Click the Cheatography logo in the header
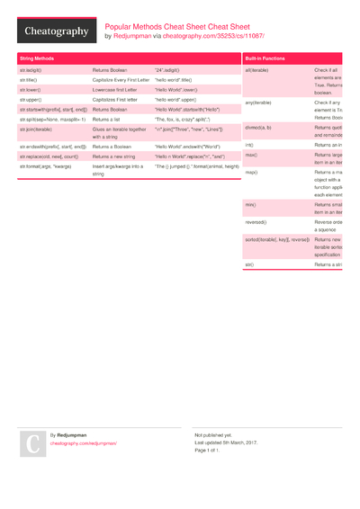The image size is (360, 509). click(56, 31)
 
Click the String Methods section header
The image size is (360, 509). click(36, 58)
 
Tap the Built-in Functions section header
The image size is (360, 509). click(265, 58)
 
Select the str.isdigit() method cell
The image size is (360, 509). click(31, 69)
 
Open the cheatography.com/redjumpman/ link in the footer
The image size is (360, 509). click(83, 443)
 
